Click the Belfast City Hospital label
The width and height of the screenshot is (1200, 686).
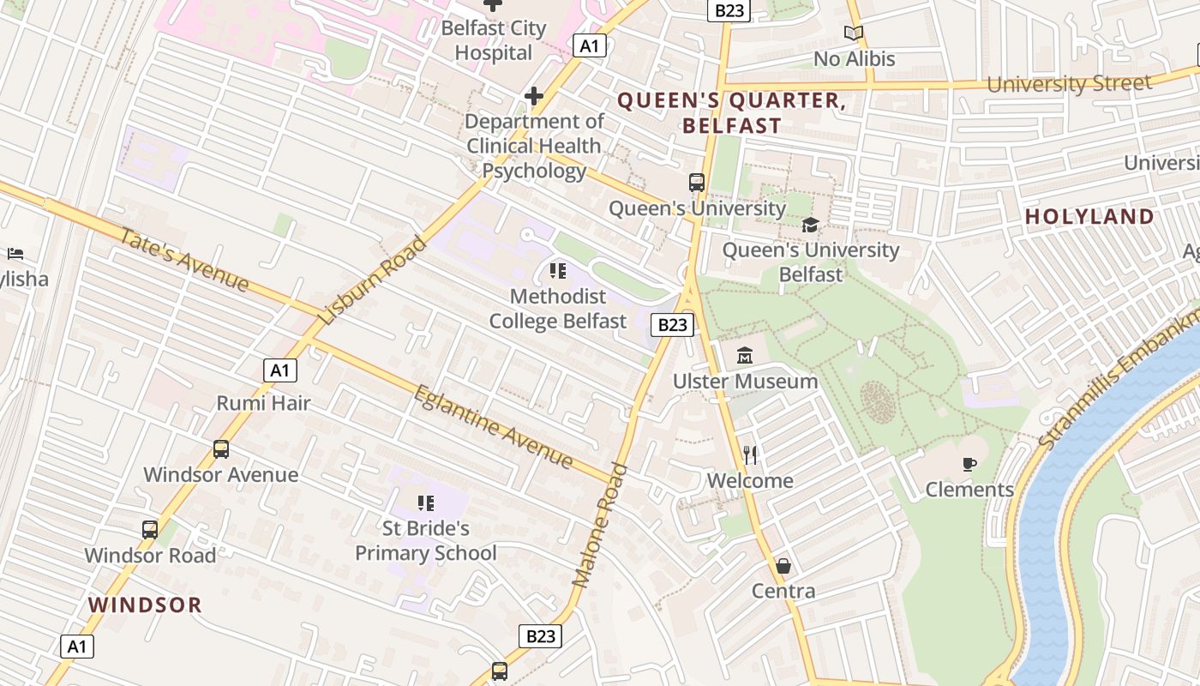[x=493, y=40]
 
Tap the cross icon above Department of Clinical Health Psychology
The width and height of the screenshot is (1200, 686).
[x=534, y=95]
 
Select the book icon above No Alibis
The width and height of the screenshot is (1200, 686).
[x=853, y=33]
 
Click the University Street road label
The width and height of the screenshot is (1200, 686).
[x=1069, y=84]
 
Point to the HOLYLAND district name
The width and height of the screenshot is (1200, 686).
[x=1089, y=217]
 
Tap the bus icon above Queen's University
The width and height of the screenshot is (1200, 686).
[x=697, y=183]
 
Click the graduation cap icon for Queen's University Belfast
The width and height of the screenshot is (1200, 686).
[x=810, y=225]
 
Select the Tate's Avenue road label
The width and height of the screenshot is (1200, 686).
[x=184, y=260]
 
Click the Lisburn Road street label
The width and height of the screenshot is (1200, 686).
[x=372, y=280]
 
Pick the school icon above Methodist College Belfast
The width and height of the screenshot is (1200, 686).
[x=558, y=272]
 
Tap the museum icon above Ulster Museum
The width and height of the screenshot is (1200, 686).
[x=745, y=355]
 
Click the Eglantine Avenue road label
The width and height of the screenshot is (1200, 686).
[x=494, y=428]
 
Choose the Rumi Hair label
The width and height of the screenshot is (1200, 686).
[x=263, y=403]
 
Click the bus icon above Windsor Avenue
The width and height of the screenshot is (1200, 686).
[x=221, y=448]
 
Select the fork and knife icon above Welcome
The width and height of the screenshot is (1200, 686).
[x=750, y=454]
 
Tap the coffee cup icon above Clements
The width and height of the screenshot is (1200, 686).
[x=969, y=464]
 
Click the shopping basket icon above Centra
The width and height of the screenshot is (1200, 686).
[x=783, y=566]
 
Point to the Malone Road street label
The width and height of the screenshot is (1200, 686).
[x=600, y=526]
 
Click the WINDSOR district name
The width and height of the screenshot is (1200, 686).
[x=145, y=605]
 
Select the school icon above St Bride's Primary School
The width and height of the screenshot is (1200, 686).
[x=426, y=502]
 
